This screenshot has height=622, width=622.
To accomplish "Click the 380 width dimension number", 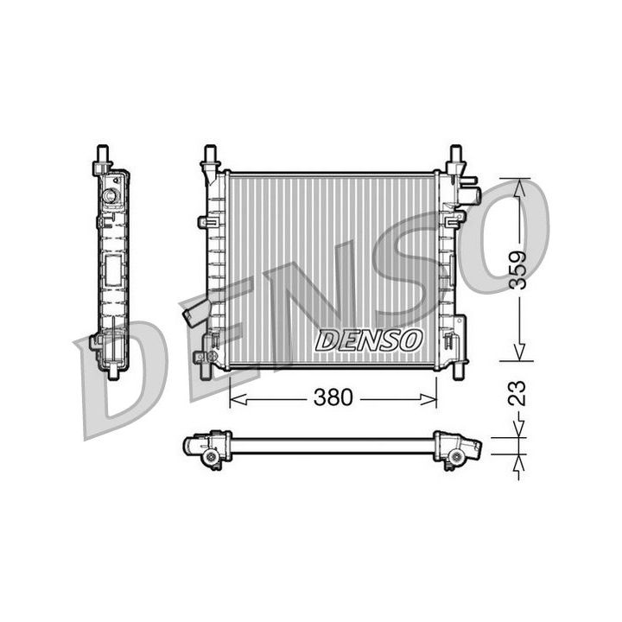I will [333, 397].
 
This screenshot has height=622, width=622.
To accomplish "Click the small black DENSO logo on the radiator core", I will [369, 340].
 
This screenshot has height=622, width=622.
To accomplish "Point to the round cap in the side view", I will [110, 196].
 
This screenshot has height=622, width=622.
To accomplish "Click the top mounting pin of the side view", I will [103, 156].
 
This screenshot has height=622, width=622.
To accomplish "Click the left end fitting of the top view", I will [206, 448].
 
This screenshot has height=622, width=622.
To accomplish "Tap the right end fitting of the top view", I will [457, 448].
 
